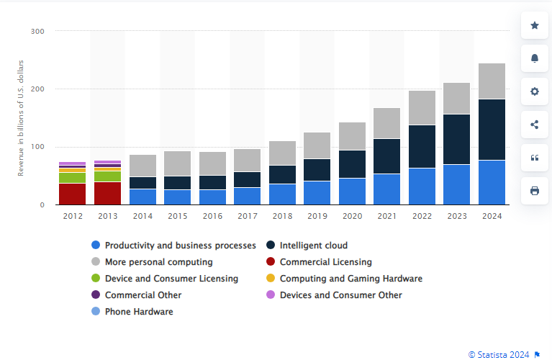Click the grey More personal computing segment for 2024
[x=492, y=81]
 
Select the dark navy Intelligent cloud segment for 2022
[x=422, y=147]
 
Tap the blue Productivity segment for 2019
[x=317, y=193]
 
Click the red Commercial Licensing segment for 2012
[x=72, y=194]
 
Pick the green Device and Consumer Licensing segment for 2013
[x=107, y=176]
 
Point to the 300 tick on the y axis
[x=37, y=32]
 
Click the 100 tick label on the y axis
[x=37, y=147]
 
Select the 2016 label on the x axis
[x=212, y=216]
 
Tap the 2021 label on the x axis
[x=387, y=216]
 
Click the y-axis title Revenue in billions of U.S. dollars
[x=20, y=118]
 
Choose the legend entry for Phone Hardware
[x=132, y=311]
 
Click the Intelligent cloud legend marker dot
[x=271, y=246]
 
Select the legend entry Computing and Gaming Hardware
[x=344, y=278]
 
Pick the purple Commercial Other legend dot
[x=96, y=294]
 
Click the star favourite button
[x=535, y=25]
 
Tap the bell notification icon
[x=535, y=58]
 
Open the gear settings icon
[x=535, y=91]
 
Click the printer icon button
[x=535, y=191]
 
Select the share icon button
[x=535, y=125]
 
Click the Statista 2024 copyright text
[x=499, y=354]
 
